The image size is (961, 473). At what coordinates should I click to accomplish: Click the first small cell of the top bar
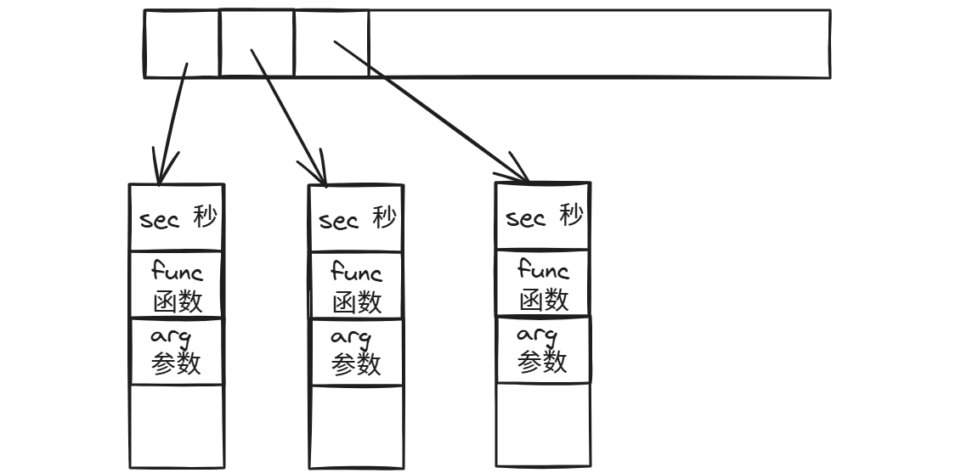[x=182, y=43]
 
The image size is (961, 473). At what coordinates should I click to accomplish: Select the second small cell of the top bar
[x=257, y=43]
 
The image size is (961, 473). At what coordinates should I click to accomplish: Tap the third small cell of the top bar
[x=331, y=43]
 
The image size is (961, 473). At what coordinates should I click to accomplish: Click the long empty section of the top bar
[x=599, y=43]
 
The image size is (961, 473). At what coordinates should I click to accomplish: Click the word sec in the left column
[x=160, y=220]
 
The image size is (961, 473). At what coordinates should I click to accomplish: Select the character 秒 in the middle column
[x=384, y=219]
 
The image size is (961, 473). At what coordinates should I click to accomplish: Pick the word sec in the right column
[x=525, y=218]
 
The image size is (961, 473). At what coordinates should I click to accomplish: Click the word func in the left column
[x=177, y=273]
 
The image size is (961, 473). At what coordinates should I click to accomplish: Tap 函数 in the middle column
[x=356, y=301]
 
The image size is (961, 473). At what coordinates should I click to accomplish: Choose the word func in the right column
[x=543, y=271]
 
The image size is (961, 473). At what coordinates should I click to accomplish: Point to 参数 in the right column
[x=542, y=363]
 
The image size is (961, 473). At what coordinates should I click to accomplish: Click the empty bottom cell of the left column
[x=177, y=425]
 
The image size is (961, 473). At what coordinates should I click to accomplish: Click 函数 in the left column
[x=177, y=301]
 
